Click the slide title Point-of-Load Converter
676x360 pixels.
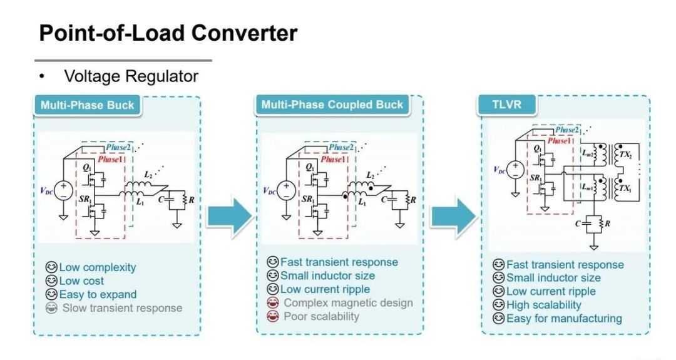[168, 33]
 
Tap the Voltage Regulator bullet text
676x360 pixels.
[131, 76]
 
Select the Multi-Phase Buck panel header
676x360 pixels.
[88, 105]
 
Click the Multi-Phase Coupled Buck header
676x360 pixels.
[332, 105]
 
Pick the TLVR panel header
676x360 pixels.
[506, 105]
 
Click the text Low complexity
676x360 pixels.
[98, 267]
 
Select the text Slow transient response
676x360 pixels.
[123, 308]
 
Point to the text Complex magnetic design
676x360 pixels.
[349, 302]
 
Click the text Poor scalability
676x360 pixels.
[321, 316]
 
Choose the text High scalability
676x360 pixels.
[544, 305]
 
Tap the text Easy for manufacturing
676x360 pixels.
[564, 319]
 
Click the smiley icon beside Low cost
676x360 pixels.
[51, 281]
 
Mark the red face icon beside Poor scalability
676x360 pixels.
[272, 316]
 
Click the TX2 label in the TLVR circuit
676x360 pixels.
[625, 155]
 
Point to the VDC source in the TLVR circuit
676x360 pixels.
[515, 169]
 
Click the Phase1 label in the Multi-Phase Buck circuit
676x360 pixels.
[110, 160]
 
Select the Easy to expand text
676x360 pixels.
[98, 294]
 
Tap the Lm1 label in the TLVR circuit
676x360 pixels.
[587, 187]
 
